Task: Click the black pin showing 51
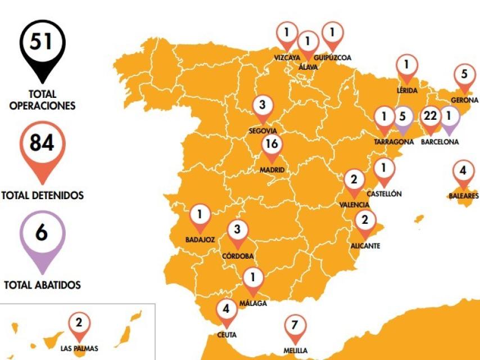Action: click(42, 44)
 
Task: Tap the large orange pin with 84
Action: click(42, 145)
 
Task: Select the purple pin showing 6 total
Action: click(42, 235)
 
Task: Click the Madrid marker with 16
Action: click(271, 145)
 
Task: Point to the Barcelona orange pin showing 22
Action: click(430, 117)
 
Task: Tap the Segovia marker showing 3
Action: click(262, 106)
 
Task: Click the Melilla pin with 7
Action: click(295, 326)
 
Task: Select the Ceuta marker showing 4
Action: click(227, 310)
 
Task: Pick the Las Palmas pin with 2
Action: click(79, 324)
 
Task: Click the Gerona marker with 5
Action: click(464, 75)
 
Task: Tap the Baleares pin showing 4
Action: click(463, 171)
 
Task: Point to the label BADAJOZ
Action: click(200, 240)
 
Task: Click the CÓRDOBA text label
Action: click(238, 256)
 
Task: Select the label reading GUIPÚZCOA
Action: click(332, 57)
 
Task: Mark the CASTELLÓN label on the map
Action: click(384, 193)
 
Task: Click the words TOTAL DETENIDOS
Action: click(43, 196)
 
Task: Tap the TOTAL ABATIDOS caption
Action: click(42, 285)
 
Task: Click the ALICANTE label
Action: click(365, 246)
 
